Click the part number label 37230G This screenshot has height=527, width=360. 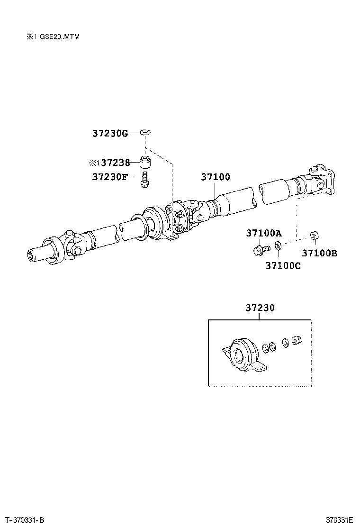point(110,134)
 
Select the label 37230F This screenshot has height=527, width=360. point(110,177)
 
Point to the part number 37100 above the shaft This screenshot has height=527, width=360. point(216,177)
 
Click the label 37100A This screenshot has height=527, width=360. point(263,233)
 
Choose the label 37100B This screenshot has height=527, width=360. point(319,253)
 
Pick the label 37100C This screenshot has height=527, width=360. point(282,265)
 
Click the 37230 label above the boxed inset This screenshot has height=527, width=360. point(260,308)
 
